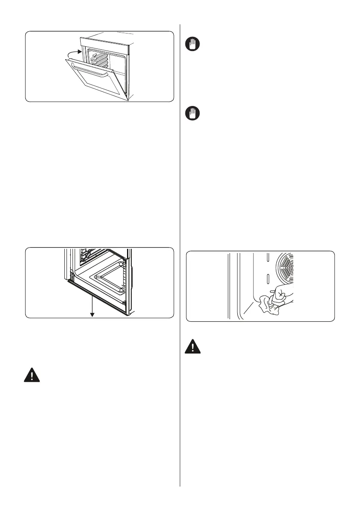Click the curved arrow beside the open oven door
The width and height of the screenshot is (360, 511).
[69, 54]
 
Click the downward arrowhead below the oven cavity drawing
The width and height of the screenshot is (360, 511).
[91, 316]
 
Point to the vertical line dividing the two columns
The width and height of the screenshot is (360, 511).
[180, 257]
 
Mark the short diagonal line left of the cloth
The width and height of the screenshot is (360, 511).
[246, 308]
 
